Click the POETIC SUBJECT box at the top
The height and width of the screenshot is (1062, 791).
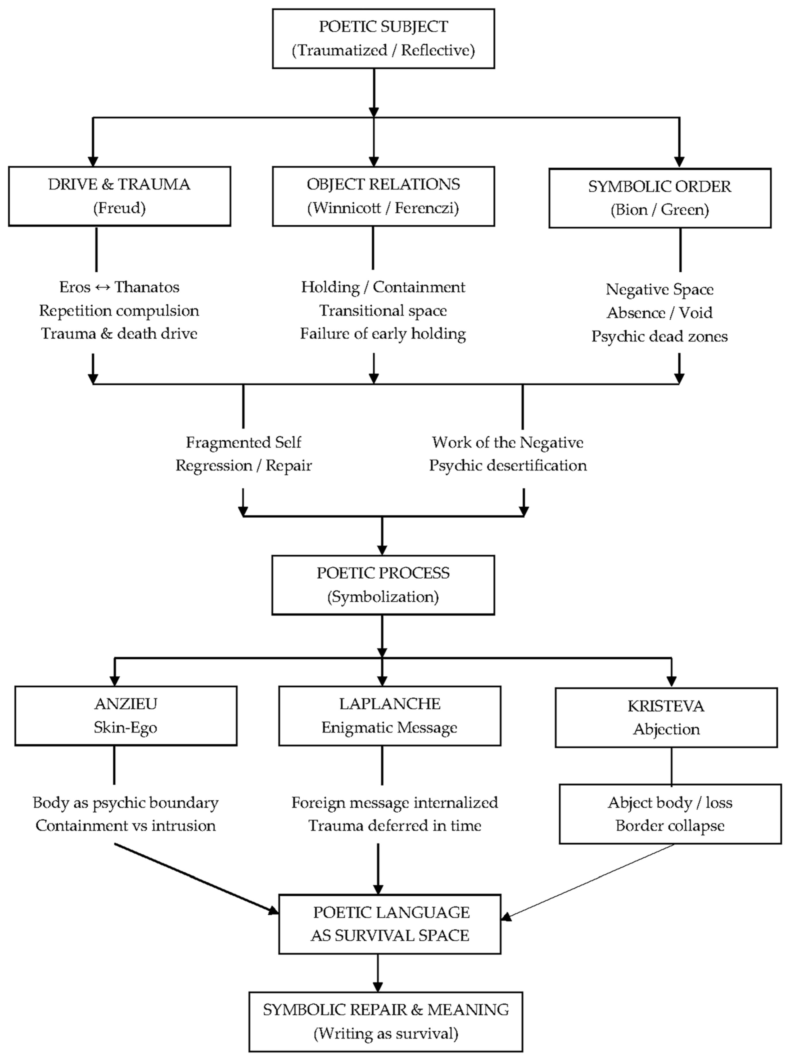383,38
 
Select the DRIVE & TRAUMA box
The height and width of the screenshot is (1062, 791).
119,196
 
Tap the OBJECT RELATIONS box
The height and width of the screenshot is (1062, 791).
383,196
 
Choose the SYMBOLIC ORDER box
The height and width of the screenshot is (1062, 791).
660,198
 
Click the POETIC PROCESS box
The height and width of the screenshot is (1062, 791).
383,585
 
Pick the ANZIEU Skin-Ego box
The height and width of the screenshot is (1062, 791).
126,715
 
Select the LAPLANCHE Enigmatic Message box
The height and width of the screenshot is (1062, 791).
390,715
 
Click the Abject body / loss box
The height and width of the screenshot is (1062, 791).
670,814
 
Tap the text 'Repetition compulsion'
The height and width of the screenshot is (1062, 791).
119,311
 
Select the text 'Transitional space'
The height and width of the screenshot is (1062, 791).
383,311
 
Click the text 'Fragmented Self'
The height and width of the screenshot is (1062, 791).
244,442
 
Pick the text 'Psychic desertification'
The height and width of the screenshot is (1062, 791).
508,466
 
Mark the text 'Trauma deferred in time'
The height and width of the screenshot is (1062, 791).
395,826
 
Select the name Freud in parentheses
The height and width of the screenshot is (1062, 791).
119,208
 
